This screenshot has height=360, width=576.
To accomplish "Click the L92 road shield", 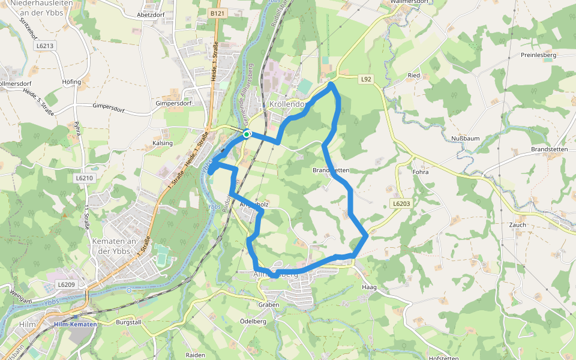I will point(367,79).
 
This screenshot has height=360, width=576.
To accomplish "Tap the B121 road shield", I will point(217,13).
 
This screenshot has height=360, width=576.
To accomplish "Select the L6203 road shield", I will point(401,204).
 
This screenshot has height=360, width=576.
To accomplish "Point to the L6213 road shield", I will point(45,46).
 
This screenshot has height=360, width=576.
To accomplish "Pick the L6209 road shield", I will point(66,284).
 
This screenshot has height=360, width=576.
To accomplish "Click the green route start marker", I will point(247,134).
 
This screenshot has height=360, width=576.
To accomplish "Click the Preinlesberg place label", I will point(539,55).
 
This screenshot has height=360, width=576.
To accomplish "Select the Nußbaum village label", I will point(465,139).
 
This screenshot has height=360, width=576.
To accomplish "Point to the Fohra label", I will point(421,173).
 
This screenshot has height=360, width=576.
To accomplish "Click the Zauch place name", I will point(517,225).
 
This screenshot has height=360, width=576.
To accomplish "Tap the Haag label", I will point(369,287).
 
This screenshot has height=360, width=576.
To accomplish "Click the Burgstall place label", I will point(128,322).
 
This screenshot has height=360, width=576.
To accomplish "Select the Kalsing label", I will point(163,143).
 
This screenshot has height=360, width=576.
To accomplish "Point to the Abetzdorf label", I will point(151,14).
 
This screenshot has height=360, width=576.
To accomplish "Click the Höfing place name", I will point(71,82).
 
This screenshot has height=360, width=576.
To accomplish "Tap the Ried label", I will point(414,76).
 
